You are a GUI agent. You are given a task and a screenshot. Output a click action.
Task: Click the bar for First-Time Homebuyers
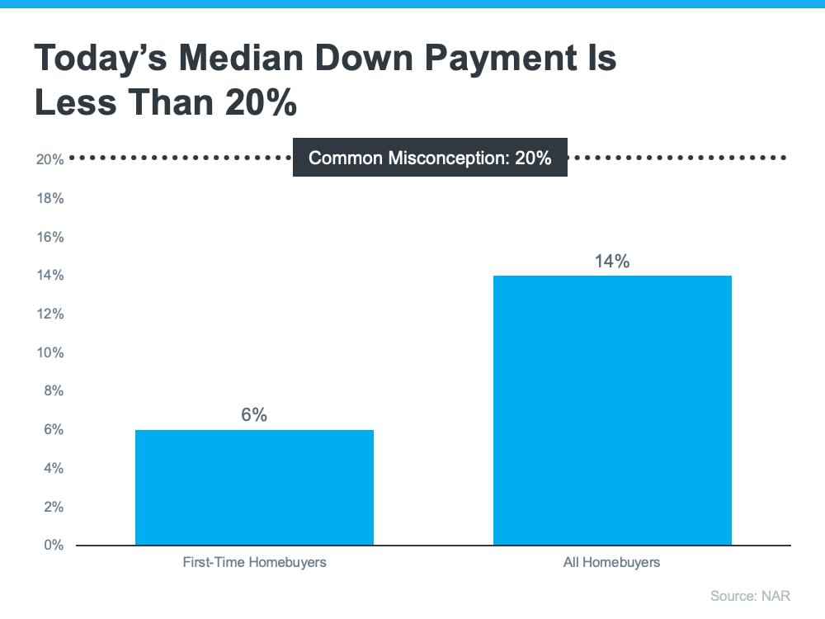(x=254, y=487)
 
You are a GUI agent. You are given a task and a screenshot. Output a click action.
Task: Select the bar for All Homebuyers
(x=612, y=410)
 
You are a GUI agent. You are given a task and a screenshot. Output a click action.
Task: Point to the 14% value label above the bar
(x=612, y=262)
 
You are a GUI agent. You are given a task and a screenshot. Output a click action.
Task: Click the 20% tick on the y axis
(x=50, y=160)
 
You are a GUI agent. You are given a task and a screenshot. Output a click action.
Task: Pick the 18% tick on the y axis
(x=50, y=199)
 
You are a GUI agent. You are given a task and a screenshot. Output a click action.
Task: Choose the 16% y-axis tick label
(x=50, y=238)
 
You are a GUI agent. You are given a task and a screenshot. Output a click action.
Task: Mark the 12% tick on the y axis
(x=50, y=314)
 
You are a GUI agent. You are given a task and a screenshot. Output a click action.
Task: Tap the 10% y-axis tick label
(x=50, y=353)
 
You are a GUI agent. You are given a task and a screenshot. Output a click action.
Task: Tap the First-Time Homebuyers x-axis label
(x=254, y=563)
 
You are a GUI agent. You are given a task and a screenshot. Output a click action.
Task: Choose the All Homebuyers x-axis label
(x=612, y=563)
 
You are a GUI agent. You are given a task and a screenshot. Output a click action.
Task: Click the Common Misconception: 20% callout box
(x=430, y=158)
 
